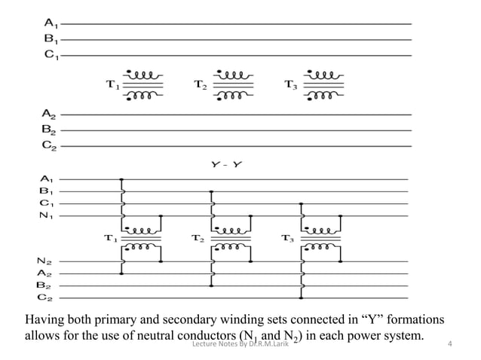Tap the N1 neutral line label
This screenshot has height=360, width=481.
click(x=46, y=217)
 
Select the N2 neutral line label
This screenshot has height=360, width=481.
click(x=46, y=261)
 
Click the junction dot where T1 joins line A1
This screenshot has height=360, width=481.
click(x=122, y=179)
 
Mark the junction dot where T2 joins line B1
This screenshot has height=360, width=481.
click(x=212, y=191)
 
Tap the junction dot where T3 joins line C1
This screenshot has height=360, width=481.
click(x=302, y=203)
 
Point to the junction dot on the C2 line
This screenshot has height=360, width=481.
click(x=302, y=297)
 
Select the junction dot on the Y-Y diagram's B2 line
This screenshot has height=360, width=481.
click(x=212, y=285)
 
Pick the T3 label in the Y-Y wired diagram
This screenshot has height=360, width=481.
click(x=287, y=239)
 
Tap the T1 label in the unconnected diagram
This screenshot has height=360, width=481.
click(x=112, y=85)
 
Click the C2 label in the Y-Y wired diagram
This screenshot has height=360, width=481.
click(x=46, y=297)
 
